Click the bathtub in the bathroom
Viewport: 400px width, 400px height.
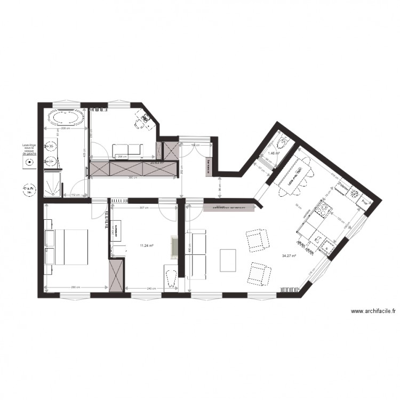click(x=66, y=118)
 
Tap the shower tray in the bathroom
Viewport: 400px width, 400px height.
click(x=53, y=183)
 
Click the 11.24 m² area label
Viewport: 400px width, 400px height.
click(x=147, y=246)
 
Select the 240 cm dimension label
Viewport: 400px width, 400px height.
click(x=151, y=289)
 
